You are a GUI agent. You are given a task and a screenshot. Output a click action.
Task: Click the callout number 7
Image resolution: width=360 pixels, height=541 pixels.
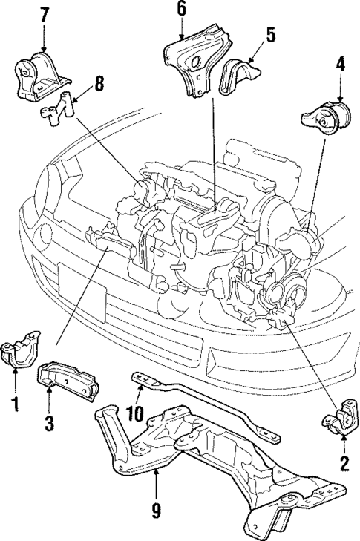44,14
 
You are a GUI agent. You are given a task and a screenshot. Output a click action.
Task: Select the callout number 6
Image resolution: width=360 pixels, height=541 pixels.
181,9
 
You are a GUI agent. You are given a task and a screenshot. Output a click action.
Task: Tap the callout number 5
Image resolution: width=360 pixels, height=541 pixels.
270,34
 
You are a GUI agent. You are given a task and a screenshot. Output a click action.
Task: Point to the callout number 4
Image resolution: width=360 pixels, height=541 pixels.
340,64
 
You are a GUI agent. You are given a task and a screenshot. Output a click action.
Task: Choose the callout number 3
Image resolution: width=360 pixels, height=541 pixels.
49,424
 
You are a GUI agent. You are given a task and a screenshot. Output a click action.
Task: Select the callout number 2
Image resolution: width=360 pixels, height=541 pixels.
343,465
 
